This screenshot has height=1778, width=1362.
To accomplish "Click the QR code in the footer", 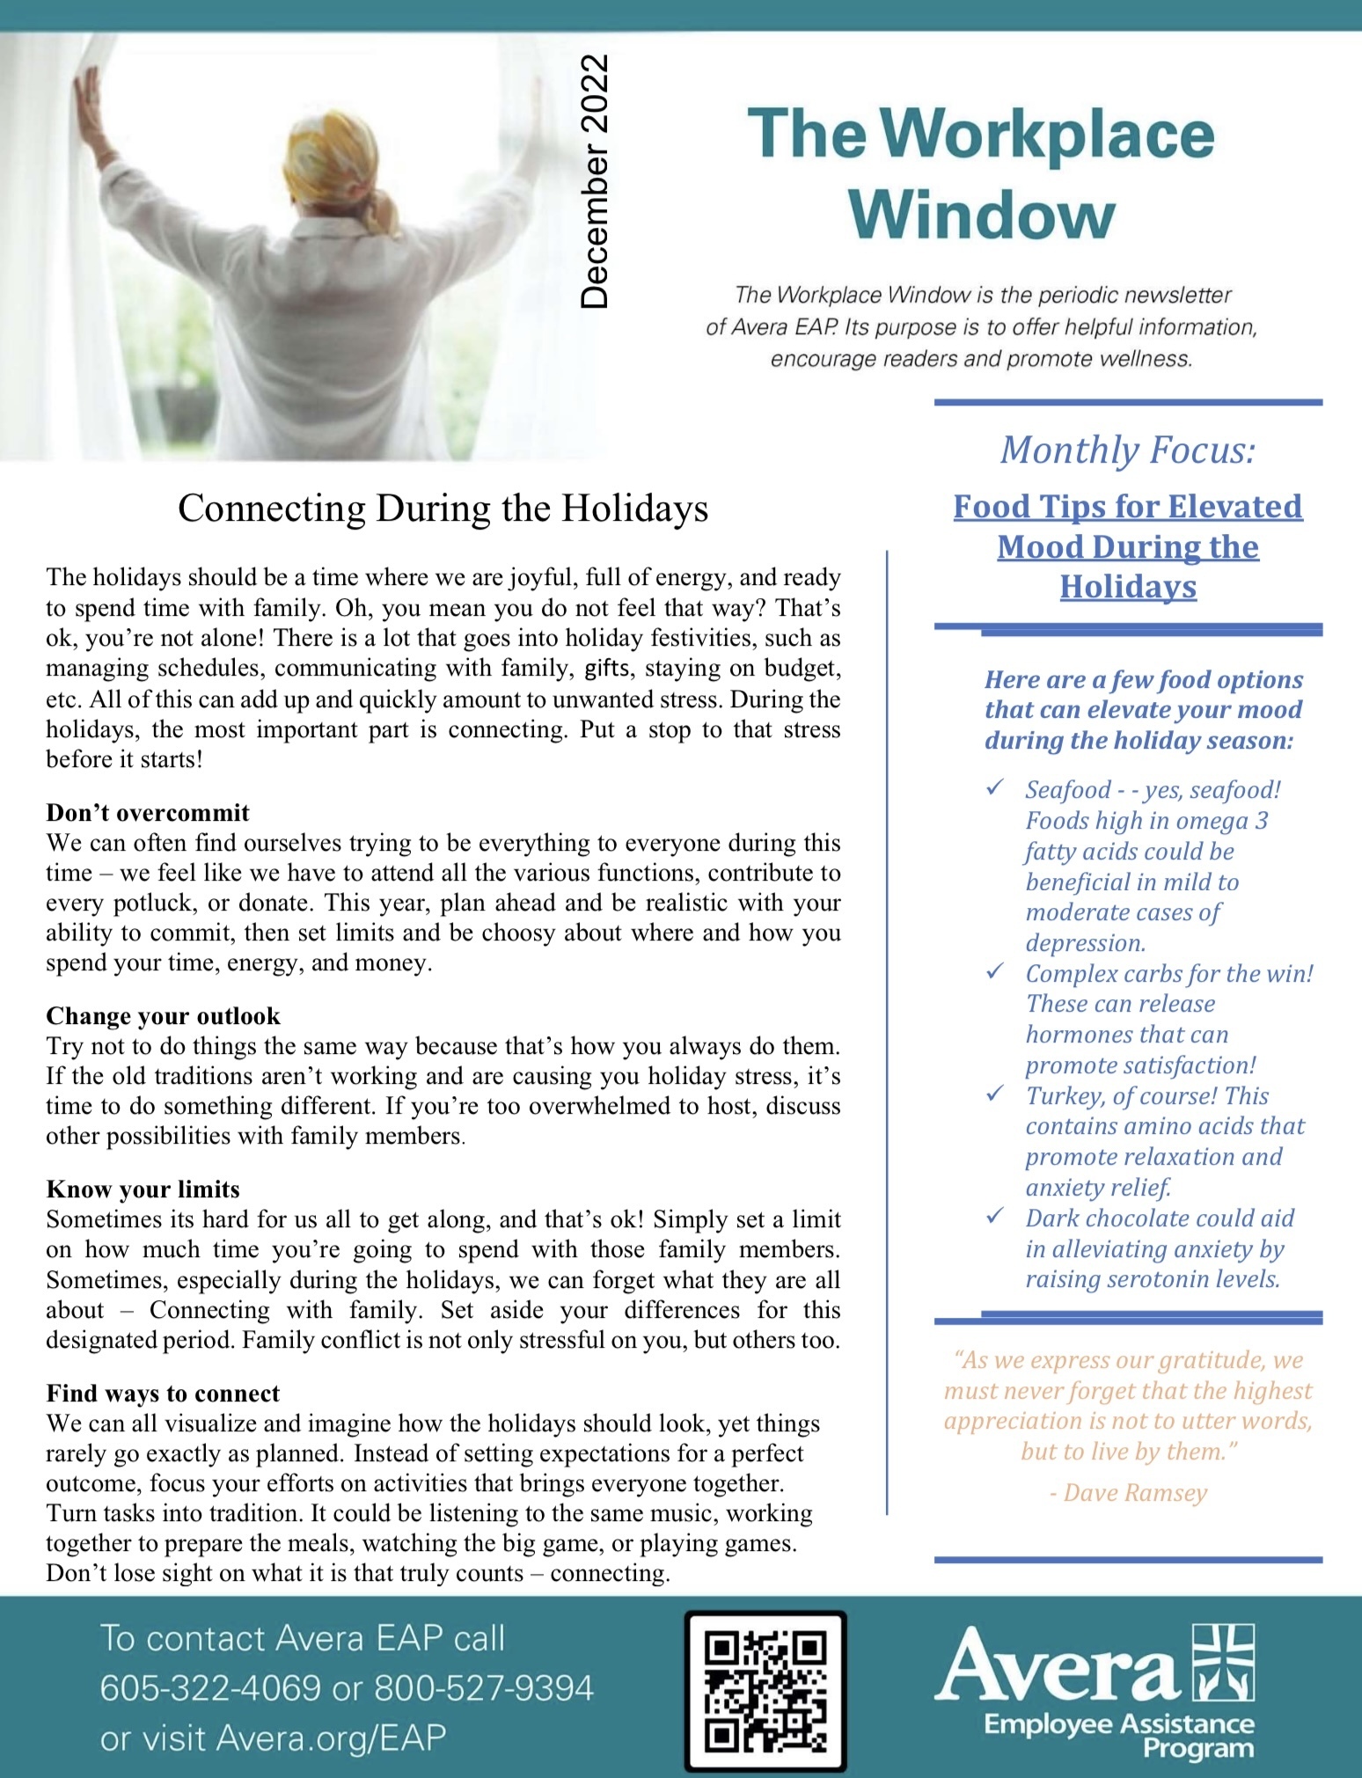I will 765,1691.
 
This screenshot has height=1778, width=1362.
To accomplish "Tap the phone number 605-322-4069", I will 210,1688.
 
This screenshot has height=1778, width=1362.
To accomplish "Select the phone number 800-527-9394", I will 484,1688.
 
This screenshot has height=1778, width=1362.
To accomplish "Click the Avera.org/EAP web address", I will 331,1738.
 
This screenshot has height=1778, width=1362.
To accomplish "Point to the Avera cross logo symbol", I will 1222,1662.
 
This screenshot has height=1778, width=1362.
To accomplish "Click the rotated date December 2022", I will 595,182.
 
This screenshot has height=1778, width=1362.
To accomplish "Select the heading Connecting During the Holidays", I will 443,509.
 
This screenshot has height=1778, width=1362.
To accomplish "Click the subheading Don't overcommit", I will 148,812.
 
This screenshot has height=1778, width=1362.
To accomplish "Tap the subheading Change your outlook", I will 163,1015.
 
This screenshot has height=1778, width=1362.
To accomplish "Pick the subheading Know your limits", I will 143,1189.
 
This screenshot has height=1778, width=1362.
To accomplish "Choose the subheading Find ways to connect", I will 163,1393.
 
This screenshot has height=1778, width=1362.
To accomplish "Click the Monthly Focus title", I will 1127,450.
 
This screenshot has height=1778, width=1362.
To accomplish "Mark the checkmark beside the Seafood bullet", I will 995,787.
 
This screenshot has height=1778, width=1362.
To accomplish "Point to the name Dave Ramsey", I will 1135,1492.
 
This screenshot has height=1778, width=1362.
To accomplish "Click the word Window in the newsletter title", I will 982,215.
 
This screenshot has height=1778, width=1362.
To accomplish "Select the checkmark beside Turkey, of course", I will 995,1094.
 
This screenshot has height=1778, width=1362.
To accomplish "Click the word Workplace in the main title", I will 1046,135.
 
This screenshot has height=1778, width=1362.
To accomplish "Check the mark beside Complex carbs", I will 995,971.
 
